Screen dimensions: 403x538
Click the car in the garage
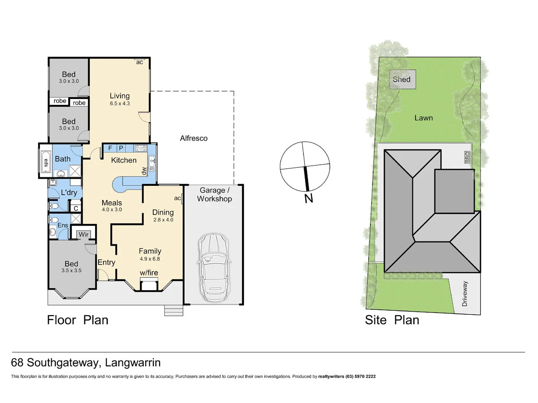[213, 267]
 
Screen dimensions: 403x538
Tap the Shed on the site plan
[401, 79]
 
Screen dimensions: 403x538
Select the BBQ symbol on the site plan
[467, 158]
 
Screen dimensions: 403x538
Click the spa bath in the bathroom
[45, 162]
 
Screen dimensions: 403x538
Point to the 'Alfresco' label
[194, 138]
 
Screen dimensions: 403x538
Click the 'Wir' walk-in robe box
[83, 234]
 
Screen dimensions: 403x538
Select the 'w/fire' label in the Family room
[148, 273]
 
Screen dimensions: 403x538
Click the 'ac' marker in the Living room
[139, 62]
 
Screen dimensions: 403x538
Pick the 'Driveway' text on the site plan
[464, 294]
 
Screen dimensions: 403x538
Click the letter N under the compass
[308, 198]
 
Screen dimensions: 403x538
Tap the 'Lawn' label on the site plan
[423, 118]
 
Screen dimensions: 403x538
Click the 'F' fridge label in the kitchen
[110, 148]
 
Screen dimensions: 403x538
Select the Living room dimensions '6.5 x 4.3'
[120, 103]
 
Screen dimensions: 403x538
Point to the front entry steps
[174, 310]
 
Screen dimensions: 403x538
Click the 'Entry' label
[106, 262]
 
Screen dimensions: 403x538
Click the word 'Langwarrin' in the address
[134, 362]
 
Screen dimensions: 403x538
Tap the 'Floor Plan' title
[78, 320]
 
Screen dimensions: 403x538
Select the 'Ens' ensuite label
[62, 225]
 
